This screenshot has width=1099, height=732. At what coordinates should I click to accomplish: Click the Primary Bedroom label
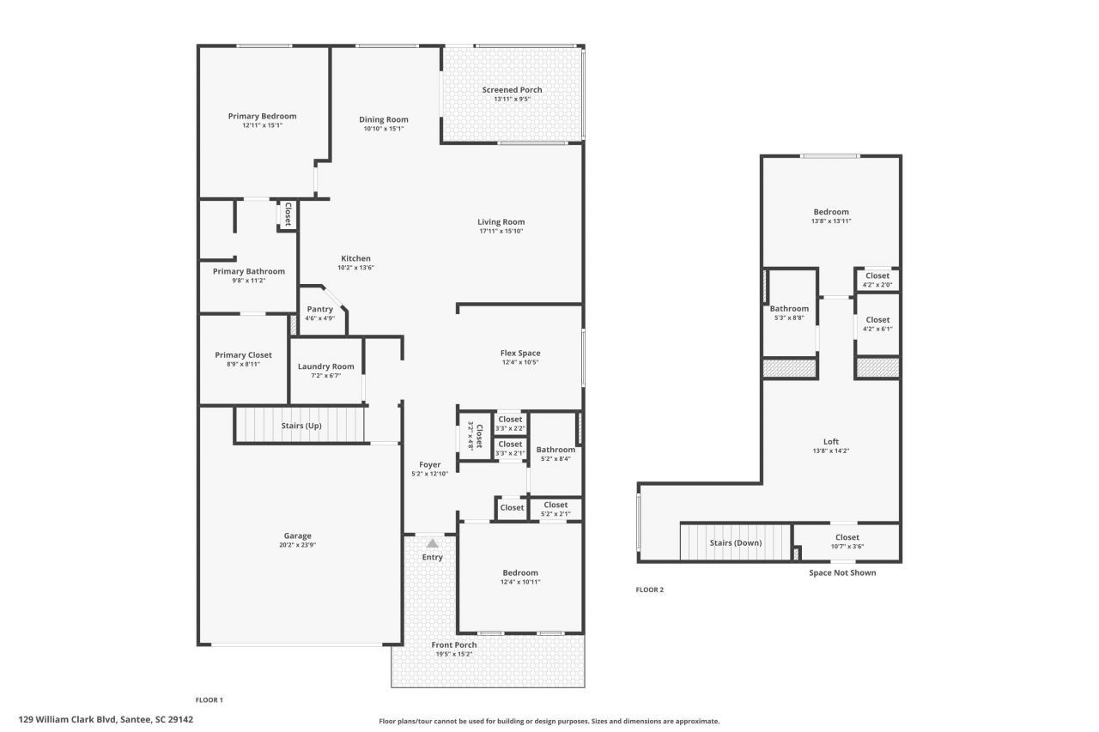(x=262, y=117)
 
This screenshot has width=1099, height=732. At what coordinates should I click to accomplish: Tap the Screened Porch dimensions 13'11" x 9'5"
(x=512, y=99)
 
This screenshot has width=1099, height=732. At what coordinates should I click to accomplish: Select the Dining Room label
(x=383, y=120)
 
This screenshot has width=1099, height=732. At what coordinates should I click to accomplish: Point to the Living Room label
(x=501, y=222)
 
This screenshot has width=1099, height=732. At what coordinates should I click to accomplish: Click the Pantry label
(x=319, y=309)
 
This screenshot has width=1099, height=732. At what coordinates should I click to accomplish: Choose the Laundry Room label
(x=325, y=366)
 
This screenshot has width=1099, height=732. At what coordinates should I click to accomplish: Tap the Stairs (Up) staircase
(x=301, y=426)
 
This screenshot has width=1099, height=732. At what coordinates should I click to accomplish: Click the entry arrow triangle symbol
(x=432, y=543)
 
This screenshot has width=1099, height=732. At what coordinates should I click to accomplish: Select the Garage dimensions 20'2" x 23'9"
(x=298, y=545)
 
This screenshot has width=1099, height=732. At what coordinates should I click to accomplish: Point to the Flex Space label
(x=520, y=353)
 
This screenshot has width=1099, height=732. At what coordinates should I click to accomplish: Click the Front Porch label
(x=453, y=645)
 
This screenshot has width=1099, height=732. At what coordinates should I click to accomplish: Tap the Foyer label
(x=430, y=464)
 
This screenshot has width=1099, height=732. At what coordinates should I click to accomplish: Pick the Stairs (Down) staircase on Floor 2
(x=735, y=542)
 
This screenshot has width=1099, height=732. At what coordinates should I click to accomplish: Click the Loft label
(x=830, y=442)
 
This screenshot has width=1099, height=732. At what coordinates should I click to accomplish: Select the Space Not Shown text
(x=842, y=572)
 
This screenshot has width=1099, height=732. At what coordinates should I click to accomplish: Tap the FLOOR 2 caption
(x=649, y=590)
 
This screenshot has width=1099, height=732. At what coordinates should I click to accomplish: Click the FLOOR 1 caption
(x=209, y=699)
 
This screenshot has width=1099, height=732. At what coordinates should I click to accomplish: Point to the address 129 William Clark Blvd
(x=106, y=720)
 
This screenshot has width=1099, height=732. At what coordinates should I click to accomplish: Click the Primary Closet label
(x=243, y=354)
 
